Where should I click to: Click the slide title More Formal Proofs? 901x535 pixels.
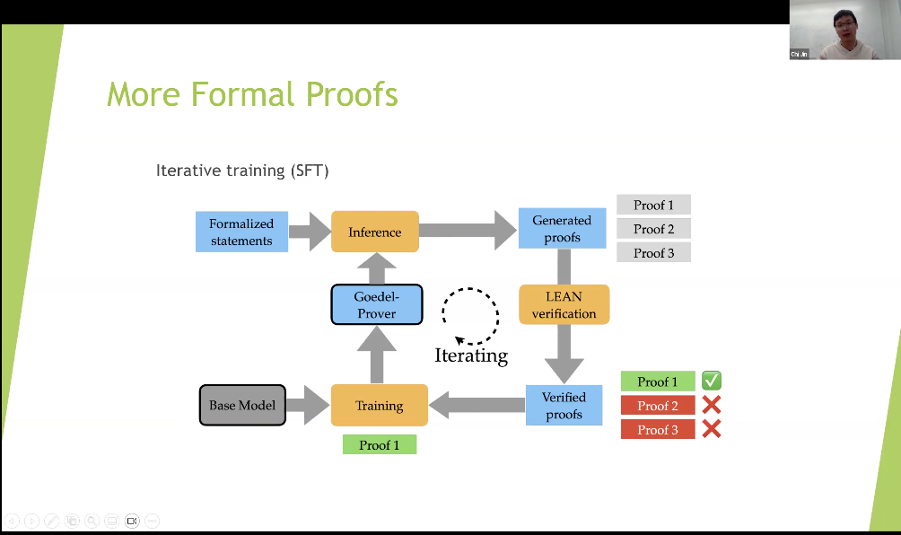(x=252, y=94)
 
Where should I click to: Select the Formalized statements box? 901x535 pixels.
(x=241, y=232)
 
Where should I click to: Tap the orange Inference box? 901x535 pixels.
(x=375, y=232)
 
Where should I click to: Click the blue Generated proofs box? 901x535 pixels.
(x=562, y=229)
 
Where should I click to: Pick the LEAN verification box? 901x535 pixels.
(x=564, y=304)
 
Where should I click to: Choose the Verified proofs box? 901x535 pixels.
(x=564, y=405)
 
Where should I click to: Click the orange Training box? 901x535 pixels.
(x=379, y=405)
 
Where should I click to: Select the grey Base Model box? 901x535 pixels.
(x=242, y=405)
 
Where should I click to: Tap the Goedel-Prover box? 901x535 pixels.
(x=376, y=304)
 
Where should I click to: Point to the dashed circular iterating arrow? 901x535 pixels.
(x=469, y=315)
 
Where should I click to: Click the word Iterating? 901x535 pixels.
(x=471, y=355)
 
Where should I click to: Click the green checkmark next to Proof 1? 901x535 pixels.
(x=712, y=381)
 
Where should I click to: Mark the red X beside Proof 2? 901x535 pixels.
(x=712, y=405)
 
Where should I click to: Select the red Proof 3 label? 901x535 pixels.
(x=658, y=430)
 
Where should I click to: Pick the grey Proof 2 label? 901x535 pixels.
(x=653, y=229)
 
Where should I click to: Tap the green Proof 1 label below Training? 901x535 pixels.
(x=380, y=444)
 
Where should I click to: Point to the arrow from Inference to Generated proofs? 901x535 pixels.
(x=468, y=232)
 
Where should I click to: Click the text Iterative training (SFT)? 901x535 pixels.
(x=242, y=170)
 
